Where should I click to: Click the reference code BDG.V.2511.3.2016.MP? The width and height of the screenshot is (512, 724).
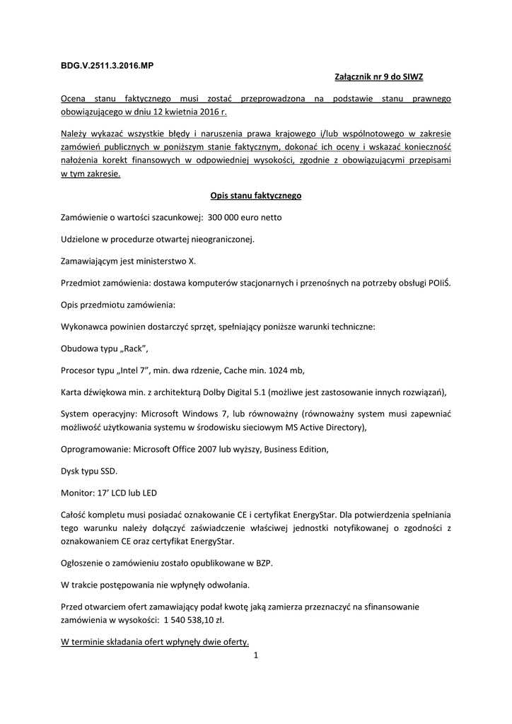pos(107,65)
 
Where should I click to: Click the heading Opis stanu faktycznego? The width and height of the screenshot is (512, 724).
pos(256,195)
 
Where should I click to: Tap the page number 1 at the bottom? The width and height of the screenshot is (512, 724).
pos(256,656)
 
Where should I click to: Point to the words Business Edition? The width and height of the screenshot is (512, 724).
pos(296,450)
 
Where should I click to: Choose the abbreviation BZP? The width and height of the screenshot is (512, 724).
pos(263,564)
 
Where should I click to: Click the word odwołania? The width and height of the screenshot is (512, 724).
pos(228,585)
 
